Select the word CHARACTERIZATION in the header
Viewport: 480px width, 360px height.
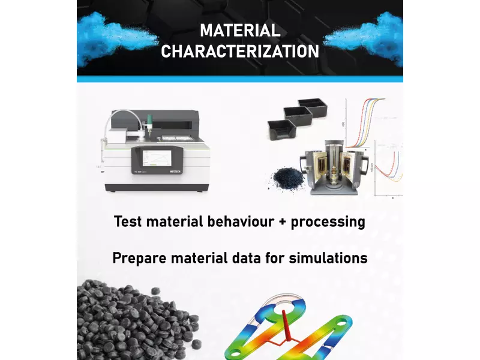pyautogui.click(x=240, y=51)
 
